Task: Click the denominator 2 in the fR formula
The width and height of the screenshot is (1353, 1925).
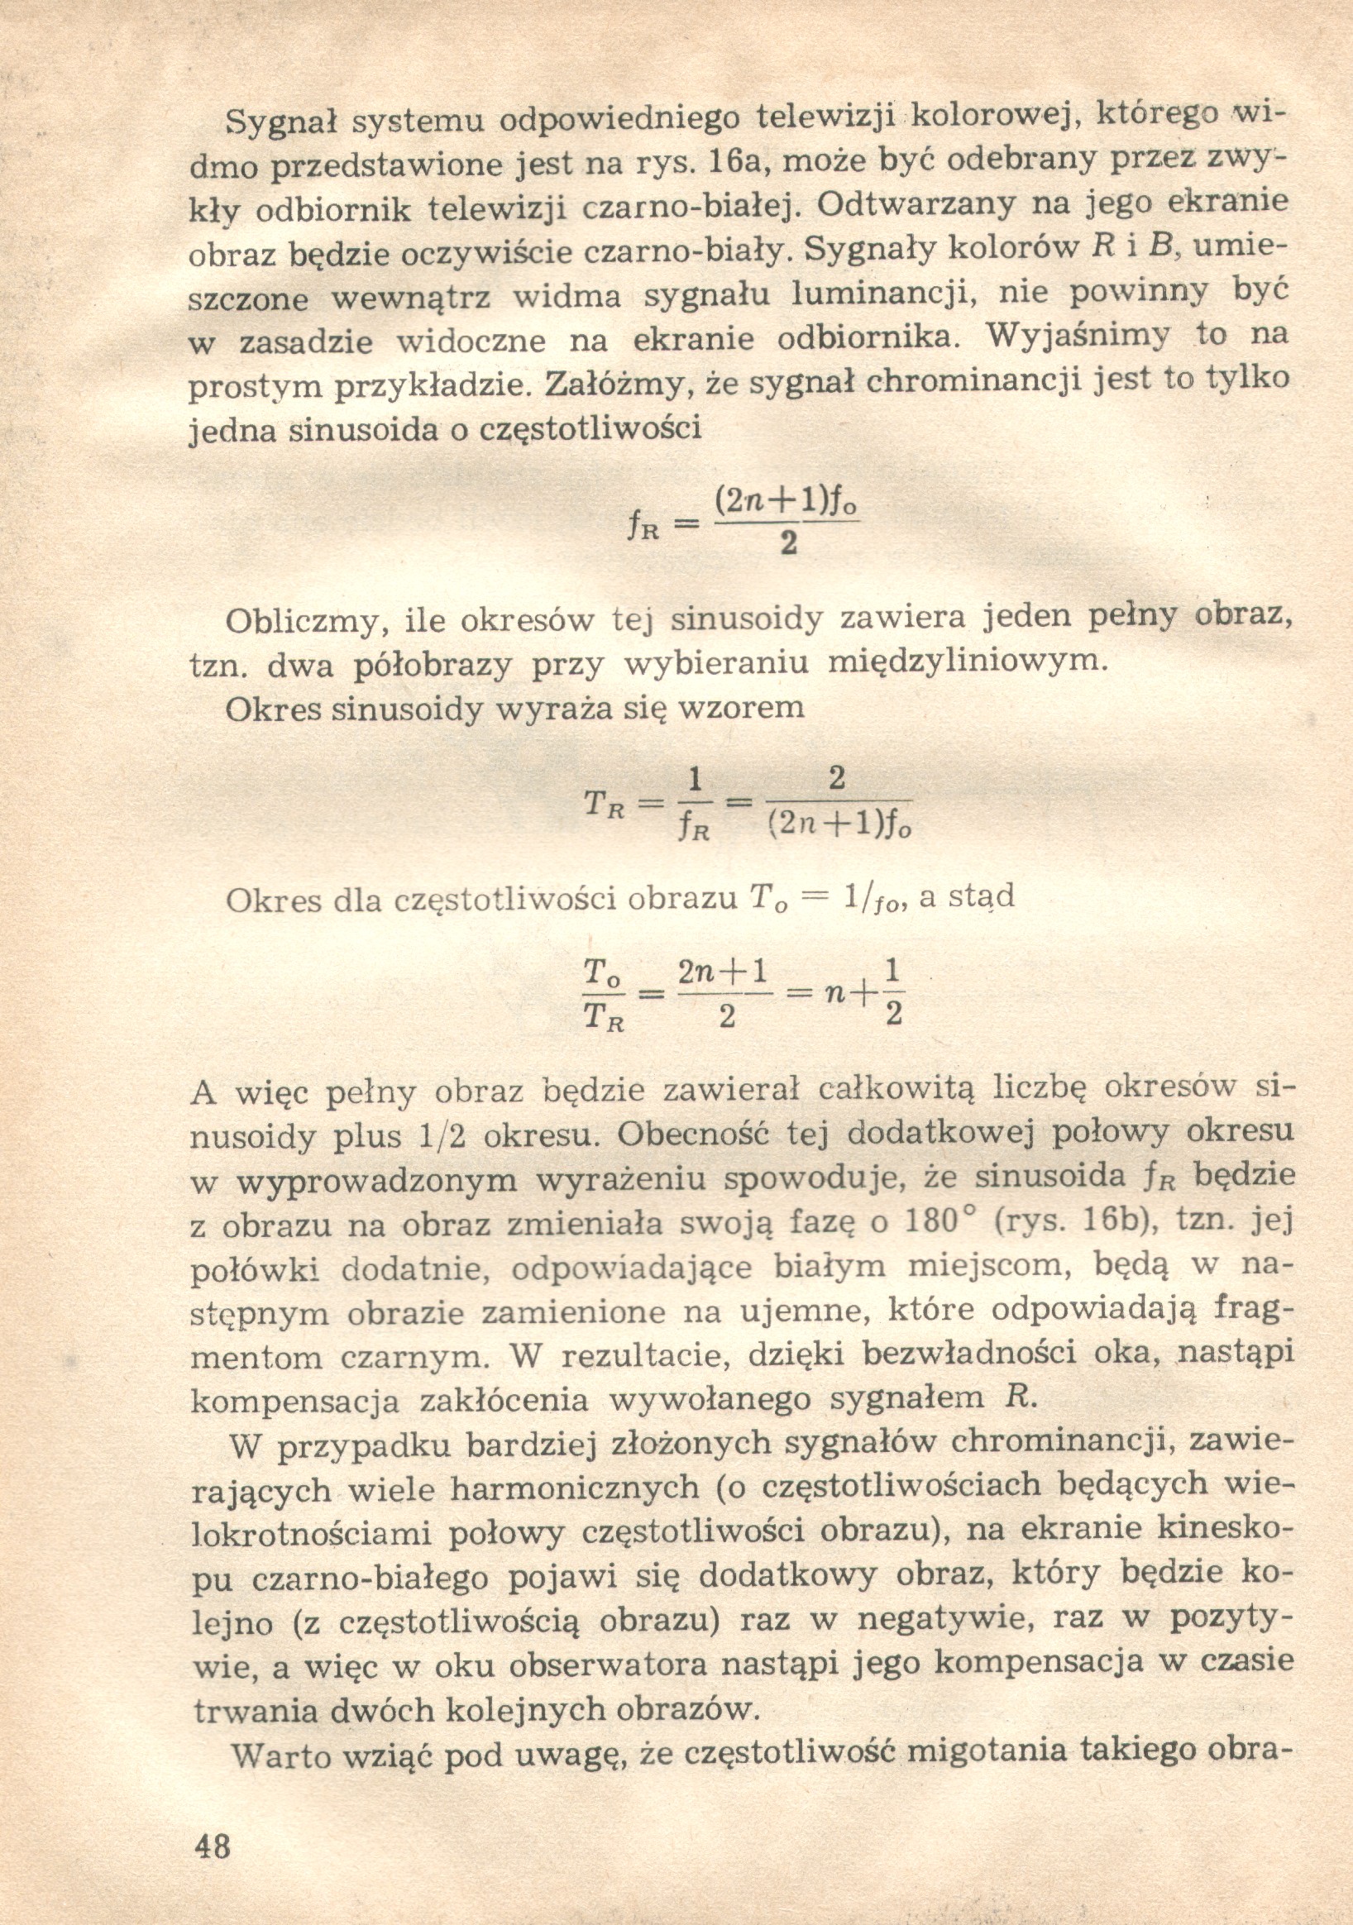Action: (x=787, y=546)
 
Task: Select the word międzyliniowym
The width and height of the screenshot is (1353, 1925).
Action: (x=968, y=662)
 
